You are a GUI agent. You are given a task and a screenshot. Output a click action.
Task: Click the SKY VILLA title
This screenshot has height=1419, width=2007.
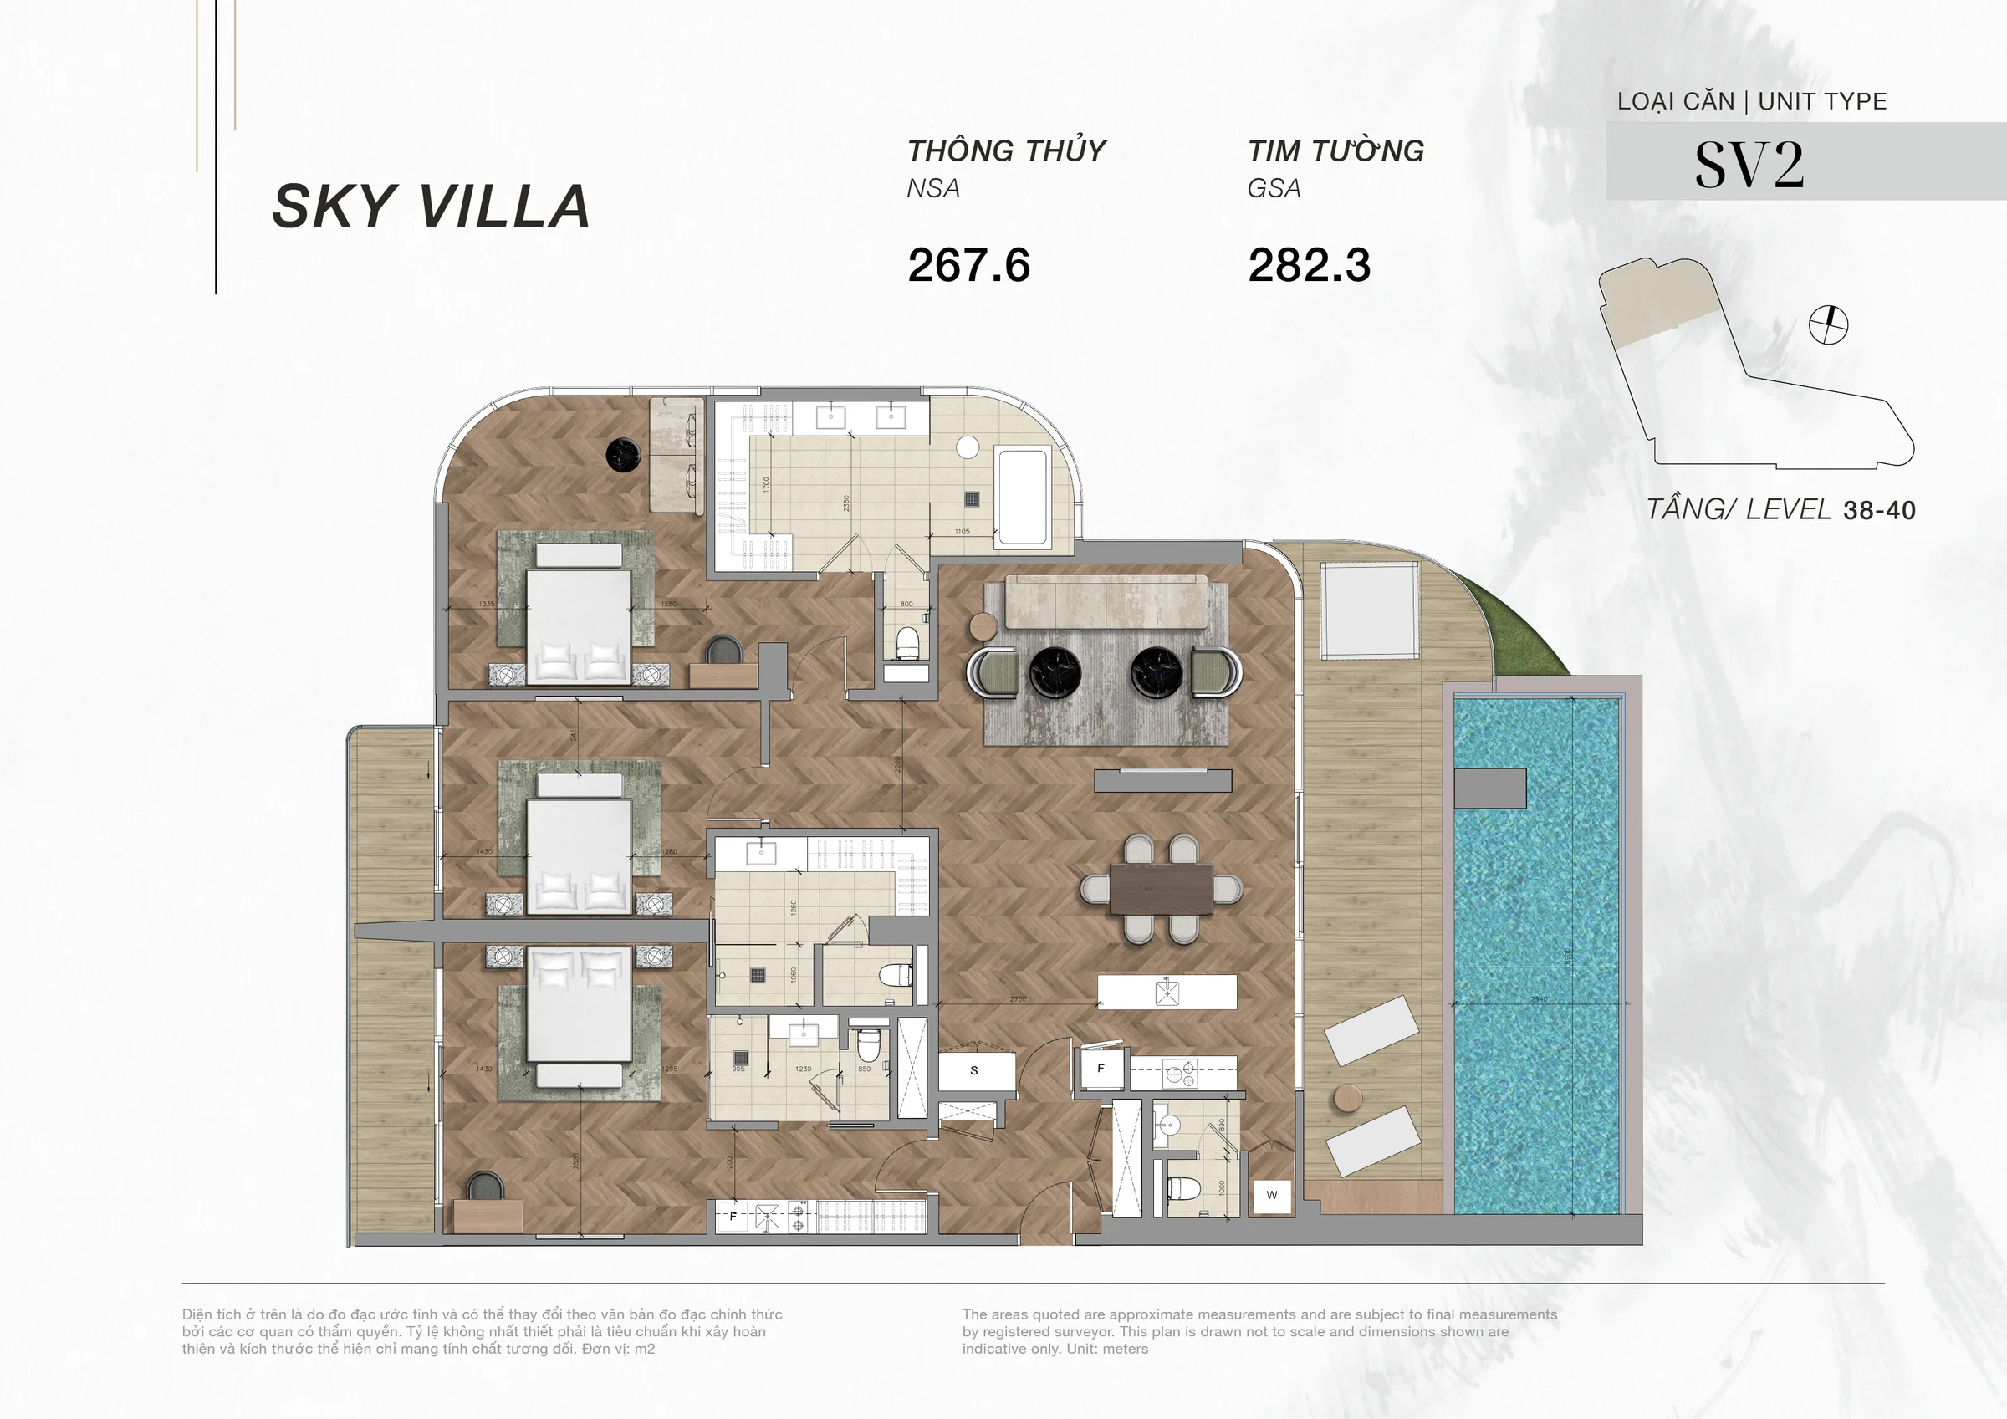tap(431, 207)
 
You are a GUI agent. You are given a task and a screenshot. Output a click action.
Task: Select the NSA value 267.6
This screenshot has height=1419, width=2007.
tap(968, 265)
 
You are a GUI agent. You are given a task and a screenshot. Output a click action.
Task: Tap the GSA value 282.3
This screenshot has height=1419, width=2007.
tap(1309, 265)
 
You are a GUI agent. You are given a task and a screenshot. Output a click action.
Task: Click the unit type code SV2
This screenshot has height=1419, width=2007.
tap(1749, 165)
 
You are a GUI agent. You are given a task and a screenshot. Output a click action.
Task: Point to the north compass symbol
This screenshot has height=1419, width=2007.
tap(1828, 325)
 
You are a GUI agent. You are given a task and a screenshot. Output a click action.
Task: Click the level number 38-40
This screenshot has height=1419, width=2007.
tap(1878, 511)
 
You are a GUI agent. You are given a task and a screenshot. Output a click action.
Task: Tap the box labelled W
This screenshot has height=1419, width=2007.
tap(1271, 1195)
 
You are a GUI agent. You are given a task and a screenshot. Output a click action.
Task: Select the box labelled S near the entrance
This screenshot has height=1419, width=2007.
tap(975, 1070)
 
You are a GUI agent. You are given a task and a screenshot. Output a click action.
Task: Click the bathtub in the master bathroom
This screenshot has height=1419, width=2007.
tap(1022, 496)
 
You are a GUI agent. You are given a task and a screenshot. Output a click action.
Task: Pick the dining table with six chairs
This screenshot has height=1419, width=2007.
tap(1161, 889)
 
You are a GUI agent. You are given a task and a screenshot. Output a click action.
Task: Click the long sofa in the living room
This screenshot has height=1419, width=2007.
tap(1106, 601)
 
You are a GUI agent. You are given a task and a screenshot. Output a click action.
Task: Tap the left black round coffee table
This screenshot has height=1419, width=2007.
tap(1055, 673)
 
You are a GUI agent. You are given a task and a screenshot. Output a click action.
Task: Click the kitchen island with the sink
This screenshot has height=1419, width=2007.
tap(1167, 993)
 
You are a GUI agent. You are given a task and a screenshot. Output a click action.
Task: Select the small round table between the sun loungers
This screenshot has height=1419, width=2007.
tap(1348, 1098)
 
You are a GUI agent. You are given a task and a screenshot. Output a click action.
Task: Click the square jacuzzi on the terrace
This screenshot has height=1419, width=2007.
tap(1369, 610)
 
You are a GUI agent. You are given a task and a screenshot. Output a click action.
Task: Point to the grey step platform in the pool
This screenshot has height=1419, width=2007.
tap(1490, 788)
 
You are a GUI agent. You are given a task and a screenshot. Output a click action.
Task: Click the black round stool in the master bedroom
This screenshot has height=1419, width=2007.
tap(624, 454)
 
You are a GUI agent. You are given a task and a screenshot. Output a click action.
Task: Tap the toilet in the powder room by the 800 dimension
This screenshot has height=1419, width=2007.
tap(908, 641)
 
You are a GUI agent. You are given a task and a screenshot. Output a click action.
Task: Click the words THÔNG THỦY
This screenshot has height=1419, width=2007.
tap(1006, 151)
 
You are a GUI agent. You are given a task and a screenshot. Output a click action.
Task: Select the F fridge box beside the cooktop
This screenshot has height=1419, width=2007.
tap(1101, 1069)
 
